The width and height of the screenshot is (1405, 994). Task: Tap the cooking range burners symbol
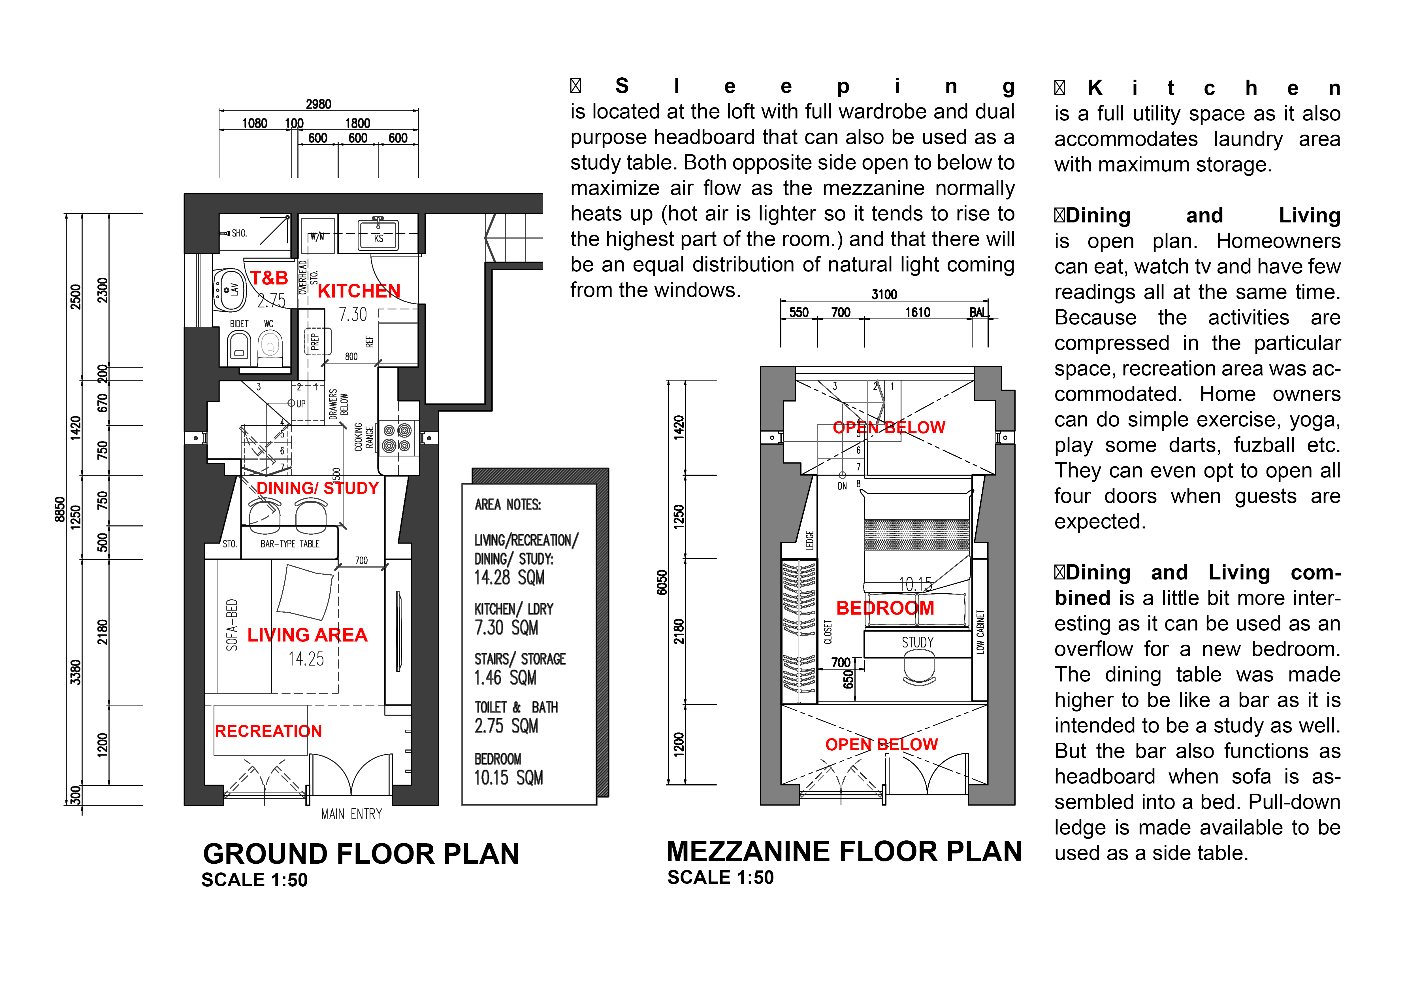396,438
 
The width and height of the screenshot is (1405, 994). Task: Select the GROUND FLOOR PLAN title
361,854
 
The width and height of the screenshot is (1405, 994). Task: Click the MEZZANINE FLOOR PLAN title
844,851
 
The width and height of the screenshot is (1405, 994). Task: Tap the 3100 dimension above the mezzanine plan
884,294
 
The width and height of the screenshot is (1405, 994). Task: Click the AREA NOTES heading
508,505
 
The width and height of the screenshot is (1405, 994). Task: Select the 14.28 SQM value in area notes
509,577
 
